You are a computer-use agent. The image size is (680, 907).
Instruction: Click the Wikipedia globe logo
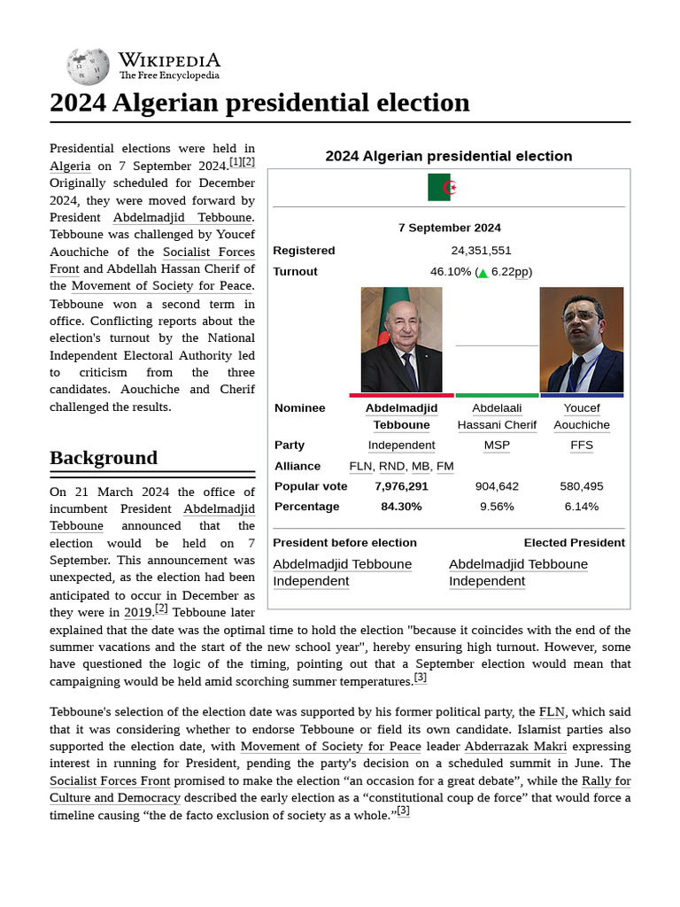88,66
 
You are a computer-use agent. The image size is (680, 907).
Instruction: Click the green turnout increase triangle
483,273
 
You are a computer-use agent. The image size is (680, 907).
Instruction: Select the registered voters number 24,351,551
481,251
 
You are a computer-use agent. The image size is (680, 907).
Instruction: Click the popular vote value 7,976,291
401,486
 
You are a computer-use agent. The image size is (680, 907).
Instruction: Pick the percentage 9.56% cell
496,507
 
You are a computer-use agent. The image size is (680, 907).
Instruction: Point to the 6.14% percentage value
581,507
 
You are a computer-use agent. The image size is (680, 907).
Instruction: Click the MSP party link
496,446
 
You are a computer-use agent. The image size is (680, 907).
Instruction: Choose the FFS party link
581,446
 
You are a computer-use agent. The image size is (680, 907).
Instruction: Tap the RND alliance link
392,466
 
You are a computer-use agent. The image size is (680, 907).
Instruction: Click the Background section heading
104,458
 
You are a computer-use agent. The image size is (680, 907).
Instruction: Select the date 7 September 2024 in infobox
449,228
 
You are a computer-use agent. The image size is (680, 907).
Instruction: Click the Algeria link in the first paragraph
70,166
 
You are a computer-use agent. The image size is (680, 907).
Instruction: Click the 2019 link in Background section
138,612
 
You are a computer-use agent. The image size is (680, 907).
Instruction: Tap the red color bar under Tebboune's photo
401,395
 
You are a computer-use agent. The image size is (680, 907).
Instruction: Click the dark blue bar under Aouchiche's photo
581,395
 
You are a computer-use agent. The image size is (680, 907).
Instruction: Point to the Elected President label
574,543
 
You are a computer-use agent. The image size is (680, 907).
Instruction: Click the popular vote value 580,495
581,486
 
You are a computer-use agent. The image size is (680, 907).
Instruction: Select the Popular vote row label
311,486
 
